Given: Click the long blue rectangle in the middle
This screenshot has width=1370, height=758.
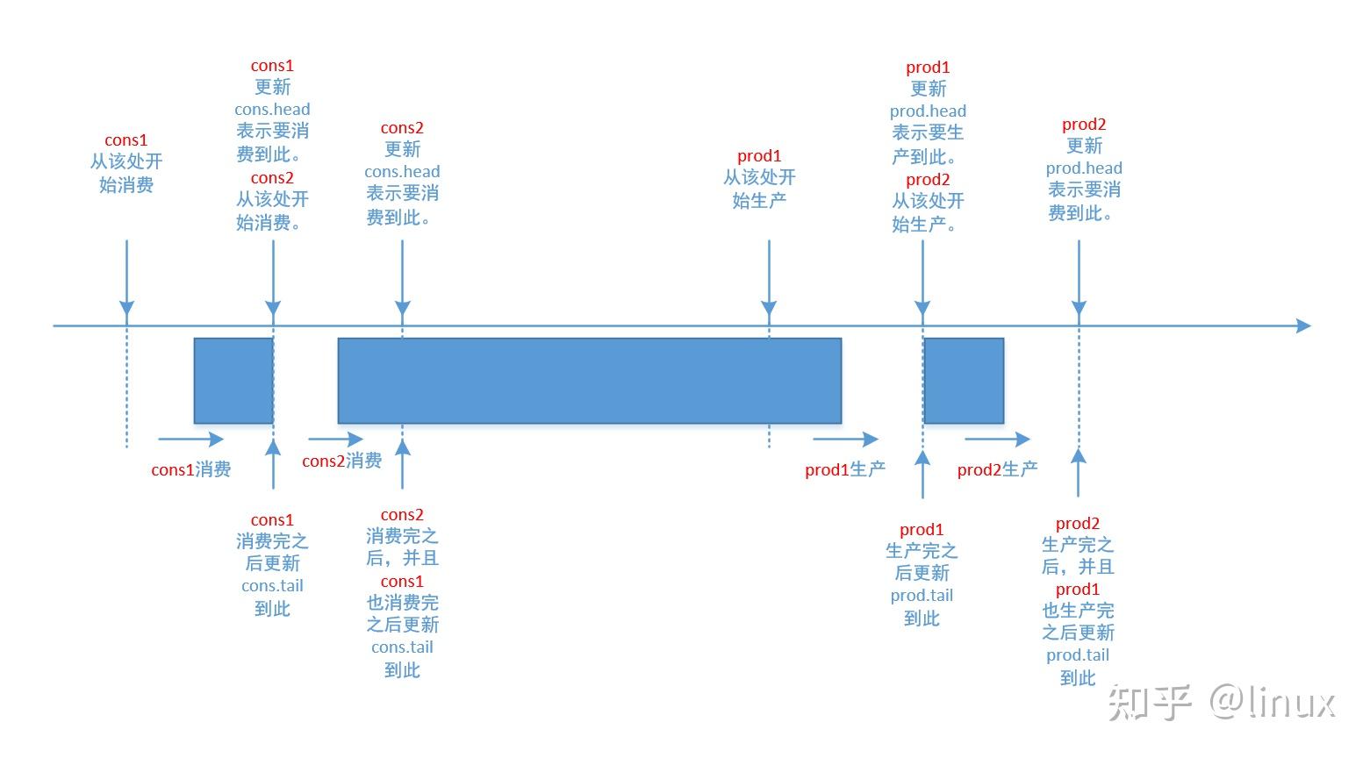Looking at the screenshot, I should [x=590, y=381].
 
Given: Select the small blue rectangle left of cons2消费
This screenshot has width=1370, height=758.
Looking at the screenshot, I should [x=233, y=381].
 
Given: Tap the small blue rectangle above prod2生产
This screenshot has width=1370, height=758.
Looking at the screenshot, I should [x=964, y=381].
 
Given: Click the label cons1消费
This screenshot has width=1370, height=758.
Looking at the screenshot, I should [x=190, y=470].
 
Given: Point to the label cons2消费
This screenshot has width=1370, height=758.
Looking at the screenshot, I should [x=341, y=461].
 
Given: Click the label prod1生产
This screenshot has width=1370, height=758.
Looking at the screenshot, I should [x=844, y=470].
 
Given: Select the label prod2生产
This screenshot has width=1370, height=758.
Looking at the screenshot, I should [x=997, y=470].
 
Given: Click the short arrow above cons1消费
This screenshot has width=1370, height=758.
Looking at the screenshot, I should [x=191, y=440].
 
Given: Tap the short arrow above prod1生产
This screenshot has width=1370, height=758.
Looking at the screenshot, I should [x=845, y=440].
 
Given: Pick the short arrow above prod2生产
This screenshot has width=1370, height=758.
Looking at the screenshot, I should [x=998, y=440].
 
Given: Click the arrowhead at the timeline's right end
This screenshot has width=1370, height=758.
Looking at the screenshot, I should [x=1303, y=326].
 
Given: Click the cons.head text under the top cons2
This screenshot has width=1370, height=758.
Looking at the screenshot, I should [x=402, y=172].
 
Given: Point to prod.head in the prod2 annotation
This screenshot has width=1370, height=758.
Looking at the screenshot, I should [x=1084, y=168].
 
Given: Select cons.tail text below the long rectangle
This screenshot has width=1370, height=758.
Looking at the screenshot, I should [x=402, y=647].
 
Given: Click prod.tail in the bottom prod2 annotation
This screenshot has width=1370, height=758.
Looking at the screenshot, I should [x=1078, y=655].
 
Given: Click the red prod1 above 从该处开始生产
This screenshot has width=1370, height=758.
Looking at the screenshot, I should [x=759, y=156].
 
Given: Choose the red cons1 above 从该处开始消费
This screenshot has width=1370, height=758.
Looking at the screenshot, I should [x=126, y=140].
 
